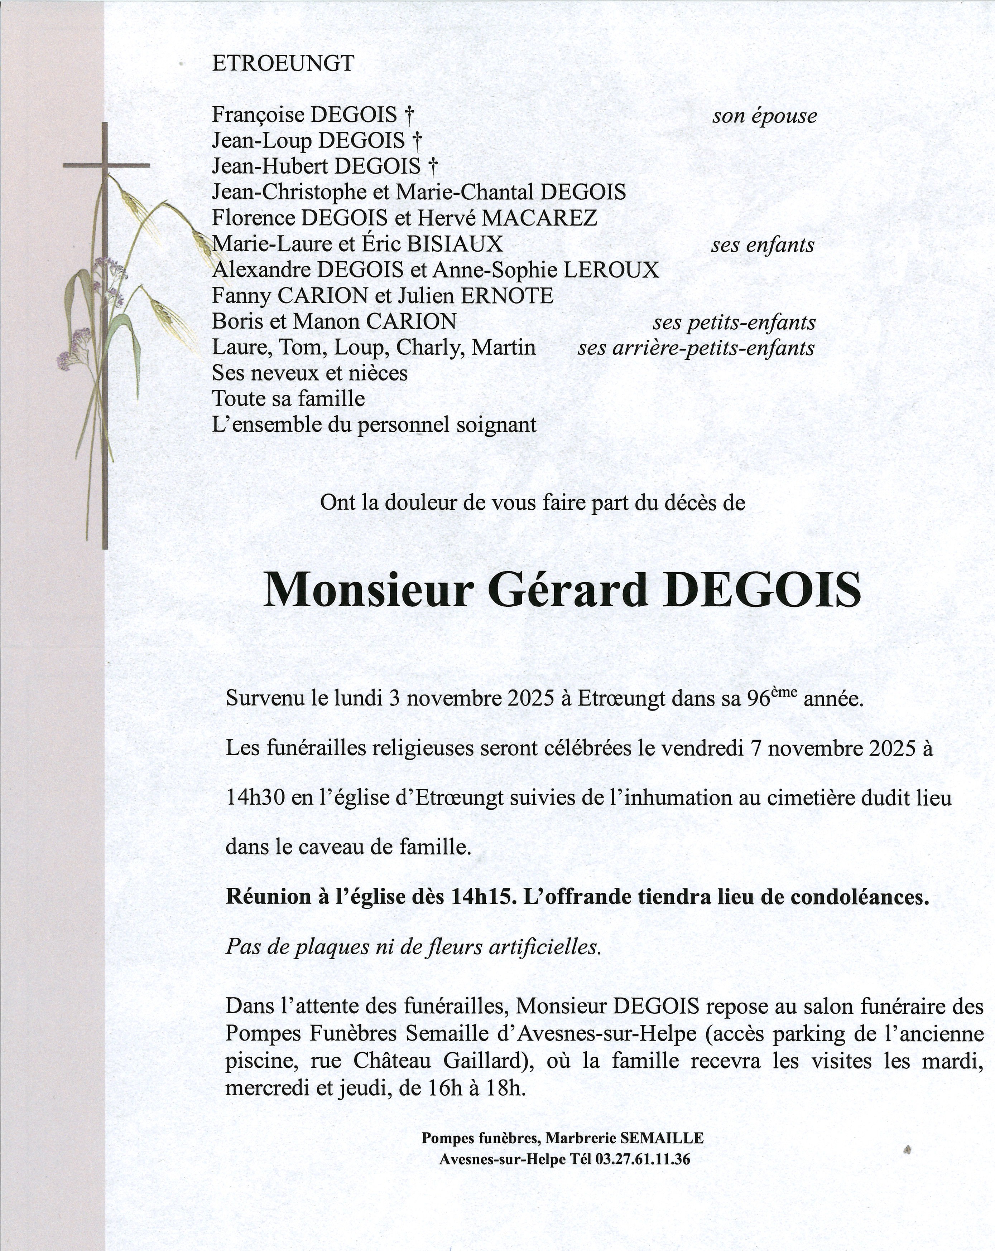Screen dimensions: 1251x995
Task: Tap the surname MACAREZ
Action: [x=539, y=218]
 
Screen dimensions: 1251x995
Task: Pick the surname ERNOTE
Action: [x=507, y=296]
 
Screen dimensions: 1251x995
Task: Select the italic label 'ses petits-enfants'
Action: [x=734, y=322]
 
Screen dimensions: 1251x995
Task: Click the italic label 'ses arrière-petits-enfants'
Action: [x=696, y=348]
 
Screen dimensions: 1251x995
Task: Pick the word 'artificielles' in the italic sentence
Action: [x=544, y=947]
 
